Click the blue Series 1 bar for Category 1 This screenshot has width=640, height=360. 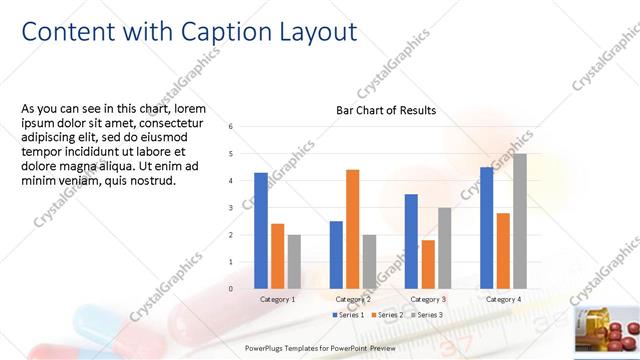point(260,231)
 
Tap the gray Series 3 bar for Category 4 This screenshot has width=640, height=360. point(520,221)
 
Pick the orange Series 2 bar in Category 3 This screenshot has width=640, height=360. point(428,264)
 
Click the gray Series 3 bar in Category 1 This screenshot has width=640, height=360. point(294,262)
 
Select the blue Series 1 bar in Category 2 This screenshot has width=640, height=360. point(336,255)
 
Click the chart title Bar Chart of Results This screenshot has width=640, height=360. point(385,111)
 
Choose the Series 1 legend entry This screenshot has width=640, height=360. point(350,315)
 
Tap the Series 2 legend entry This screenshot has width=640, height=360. point(385,315)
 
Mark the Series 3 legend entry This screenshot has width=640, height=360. point(425,315)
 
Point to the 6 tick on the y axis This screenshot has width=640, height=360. point(231,127)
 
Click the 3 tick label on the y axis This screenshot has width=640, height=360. point(231,208)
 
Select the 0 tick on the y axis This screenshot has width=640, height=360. point(231,289)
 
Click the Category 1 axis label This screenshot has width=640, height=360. point(277,299)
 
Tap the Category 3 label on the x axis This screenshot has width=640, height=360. point(427,299)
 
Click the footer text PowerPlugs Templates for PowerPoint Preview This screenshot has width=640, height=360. point(321,348)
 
